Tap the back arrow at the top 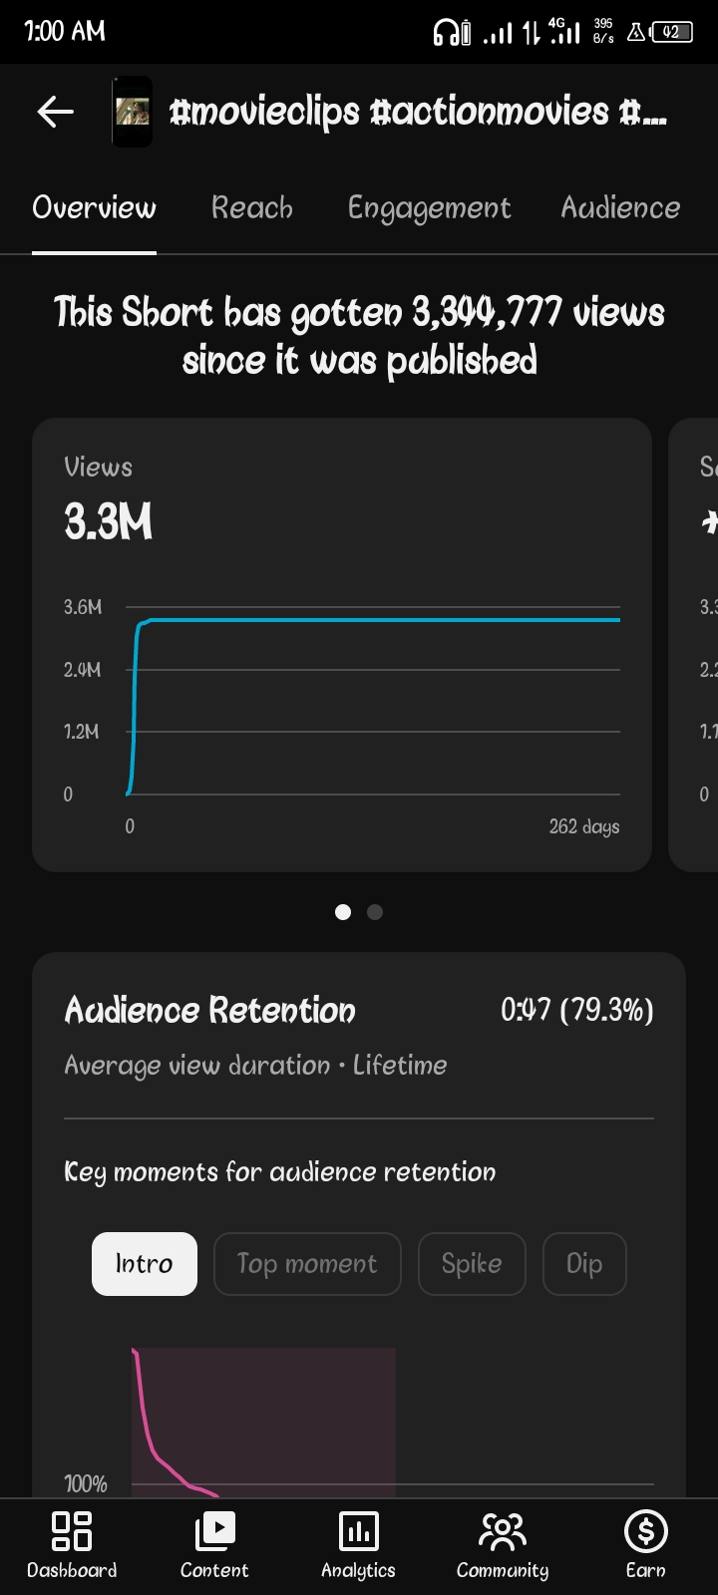coord(55,112)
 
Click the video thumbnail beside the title coord(132,112)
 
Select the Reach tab coord(252,207)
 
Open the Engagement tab coord(429,207)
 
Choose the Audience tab coord(620,207)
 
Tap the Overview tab coord(94,207)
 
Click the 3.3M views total coord(109,522)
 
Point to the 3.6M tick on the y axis coord(83,607)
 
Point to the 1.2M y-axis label coord(82,732)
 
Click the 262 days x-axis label coord(583,826)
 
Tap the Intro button coord(145,1264)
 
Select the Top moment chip coord(307,1264)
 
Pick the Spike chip coord(472,1264)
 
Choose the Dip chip coord(584,1264)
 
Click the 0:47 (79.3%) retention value coord(576,1011)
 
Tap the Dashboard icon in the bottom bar coord(72,1531)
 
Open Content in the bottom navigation coord(214,1531)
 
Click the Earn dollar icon coord(645,1531)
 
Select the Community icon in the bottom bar coord(502,1531)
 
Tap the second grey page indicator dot coord(375,912)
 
